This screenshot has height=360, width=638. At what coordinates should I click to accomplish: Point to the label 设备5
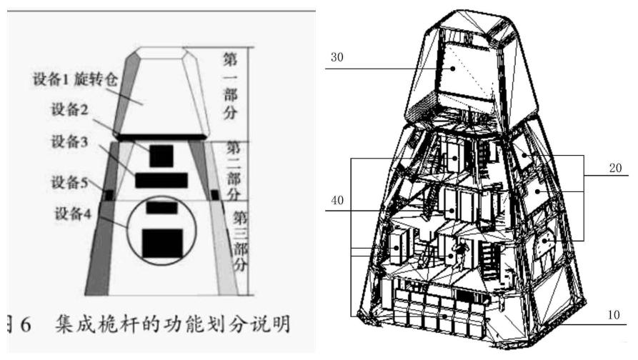[x=66, y=182]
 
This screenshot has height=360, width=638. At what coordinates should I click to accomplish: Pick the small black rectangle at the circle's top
[x=161, y=207]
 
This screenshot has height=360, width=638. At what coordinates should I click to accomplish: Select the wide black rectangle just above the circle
[x=161, y=179]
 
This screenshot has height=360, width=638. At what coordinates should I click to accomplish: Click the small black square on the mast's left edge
[x=109, y=194]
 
